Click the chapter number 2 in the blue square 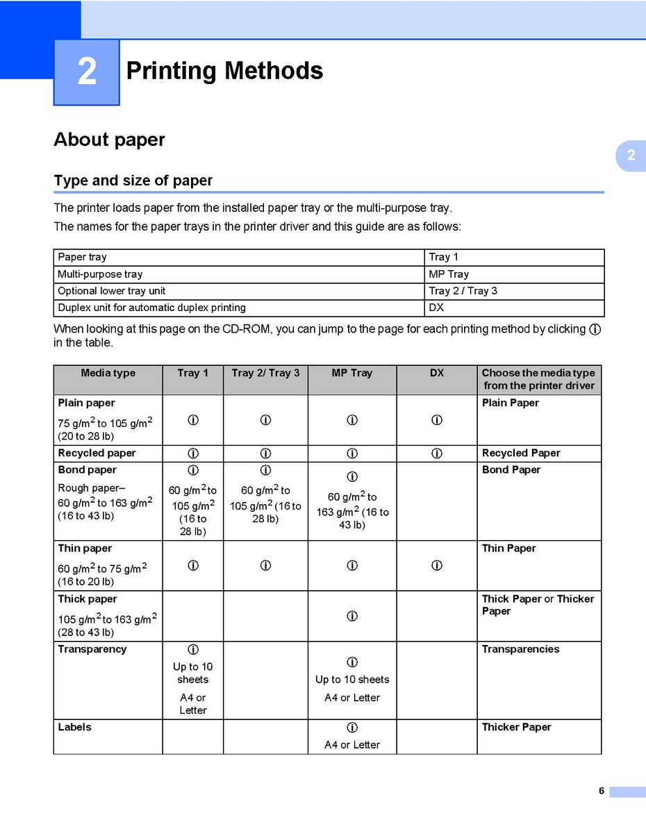tap(87, 72)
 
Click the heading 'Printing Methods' tap(224, 71)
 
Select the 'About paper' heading tap(110, 140)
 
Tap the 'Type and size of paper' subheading tap(133, 181)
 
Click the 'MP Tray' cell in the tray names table tap(449, 274)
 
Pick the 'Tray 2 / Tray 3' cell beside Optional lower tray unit tap(463, 291)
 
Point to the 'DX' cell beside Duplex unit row tap(436, 308)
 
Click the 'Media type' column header tap(108, 374)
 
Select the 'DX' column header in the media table tap(436, 374)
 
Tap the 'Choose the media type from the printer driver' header tap(538, 379)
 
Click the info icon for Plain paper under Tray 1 tap(193, 420)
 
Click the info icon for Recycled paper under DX tap(436, 453)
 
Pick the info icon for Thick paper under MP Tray tap(352, 616)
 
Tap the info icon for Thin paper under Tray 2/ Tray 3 tap(265, 565)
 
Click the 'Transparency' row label tap(92, 649)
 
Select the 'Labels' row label tap(74, 727)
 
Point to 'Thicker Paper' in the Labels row tap(516, 727)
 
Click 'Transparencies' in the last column tap(520, 649)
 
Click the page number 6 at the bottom tap(602, 791)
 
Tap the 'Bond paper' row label tap(88, 470)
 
